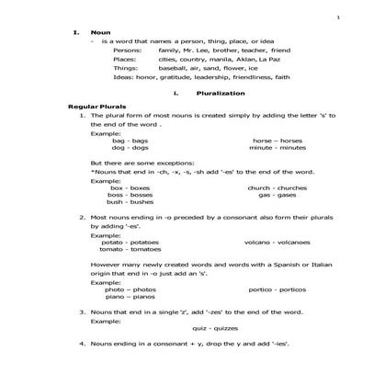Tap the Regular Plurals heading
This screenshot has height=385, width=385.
click(96, 108)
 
